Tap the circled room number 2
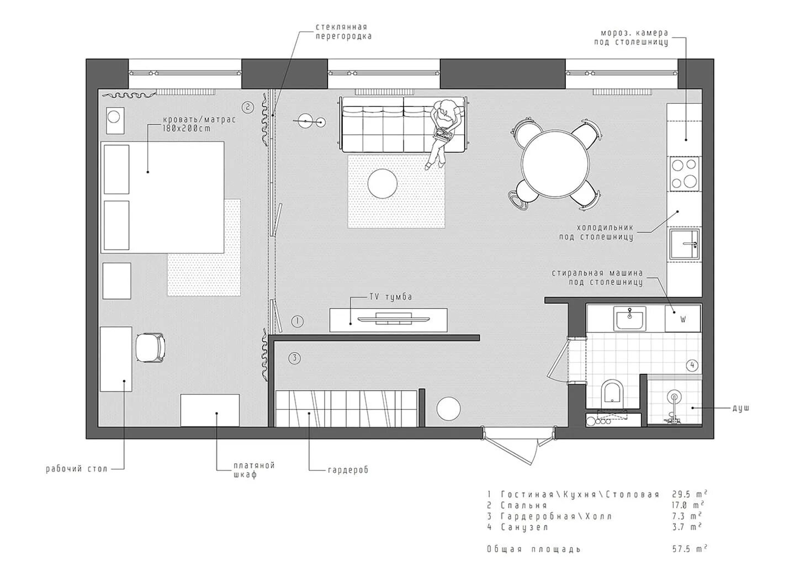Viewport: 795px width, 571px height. tap(247, 107)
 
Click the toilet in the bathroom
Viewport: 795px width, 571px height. tap(612, 392)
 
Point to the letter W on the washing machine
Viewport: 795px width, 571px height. tap(682, 319)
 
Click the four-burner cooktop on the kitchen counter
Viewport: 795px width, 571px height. tap(684, 173)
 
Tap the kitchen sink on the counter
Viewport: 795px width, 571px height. tap(685, 244)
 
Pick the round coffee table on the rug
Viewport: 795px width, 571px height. tap(382, 183)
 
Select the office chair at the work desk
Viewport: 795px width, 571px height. tap(151, 348)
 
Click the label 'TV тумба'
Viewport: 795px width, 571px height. tap(390, 297)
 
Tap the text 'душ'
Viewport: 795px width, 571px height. tap(741, 408)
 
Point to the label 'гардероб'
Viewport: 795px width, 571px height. tap(348, 470)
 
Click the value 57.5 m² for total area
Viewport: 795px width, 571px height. tap(689, 548)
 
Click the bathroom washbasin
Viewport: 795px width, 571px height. tap(629, 318)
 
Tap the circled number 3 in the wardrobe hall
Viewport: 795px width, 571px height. tap(294, 358)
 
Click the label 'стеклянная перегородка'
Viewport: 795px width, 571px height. tap(343, 31)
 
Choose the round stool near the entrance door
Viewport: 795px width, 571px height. tap(449, 408)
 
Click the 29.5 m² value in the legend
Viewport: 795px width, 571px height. tap(690, 494)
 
